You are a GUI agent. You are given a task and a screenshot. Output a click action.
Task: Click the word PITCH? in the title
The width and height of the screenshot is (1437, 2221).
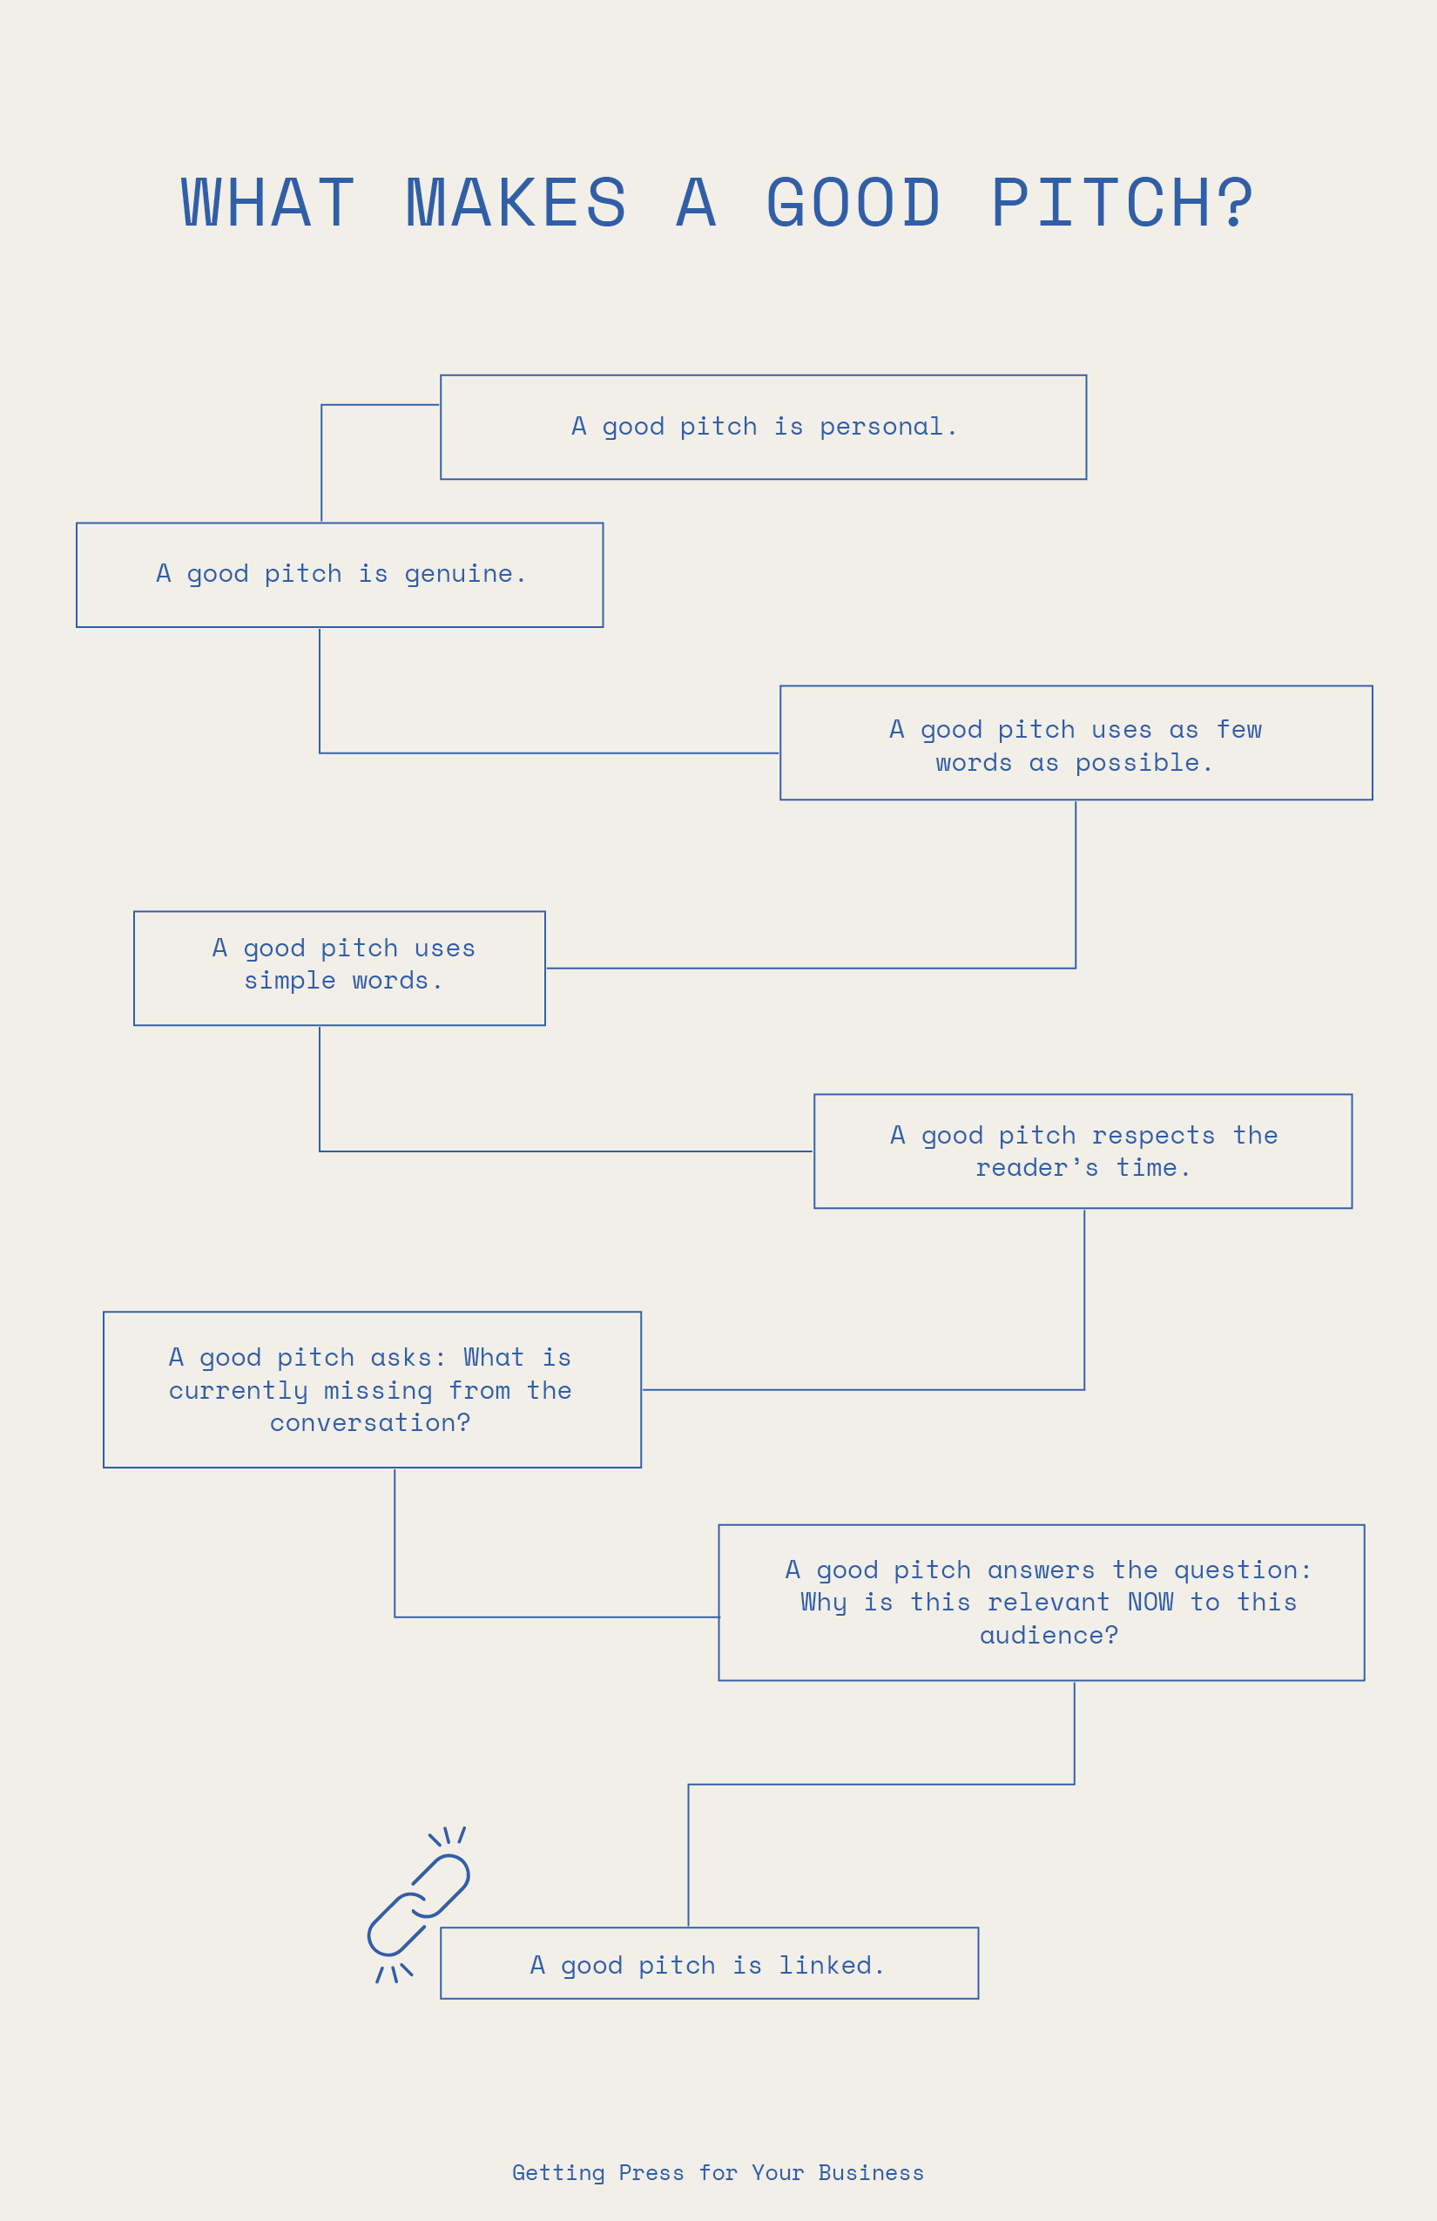coord(1122,204)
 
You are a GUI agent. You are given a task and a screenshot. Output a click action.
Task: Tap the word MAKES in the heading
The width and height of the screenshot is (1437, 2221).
coord(516,204)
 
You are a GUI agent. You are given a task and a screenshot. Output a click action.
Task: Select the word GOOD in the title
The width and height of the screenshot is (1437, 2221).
coord(853,204)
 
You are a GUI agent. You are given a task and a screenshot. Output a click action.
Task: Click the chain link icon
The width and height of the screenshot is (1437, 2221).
coord(418,1904)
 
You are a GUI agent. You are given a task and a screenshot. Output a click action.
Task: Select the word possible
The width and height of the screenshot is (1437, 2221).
coord(1143,763)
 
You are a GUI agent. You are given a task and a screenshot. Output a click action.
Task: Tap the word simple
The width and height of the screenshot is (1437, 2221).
coord(289,981)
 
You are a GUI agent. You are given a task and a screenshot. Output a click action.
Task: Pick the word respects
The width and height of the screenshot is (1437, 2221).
coord(1153,1136)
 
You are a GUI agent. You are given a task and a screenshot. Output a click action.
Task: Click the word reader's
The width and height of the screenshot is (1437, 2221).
coord(1036,1168)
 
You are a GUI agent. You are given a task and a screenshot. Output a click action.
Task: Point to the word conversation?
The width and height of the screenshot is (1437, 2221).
coord(370,1423)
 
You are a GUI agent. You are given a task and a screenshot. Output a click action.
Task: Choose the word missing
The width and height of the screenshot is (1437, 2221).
coord(378,1390)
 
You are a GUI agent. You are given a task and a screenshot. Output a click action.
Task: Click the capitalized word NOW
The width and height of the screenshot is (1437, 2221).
coord(1150,1603)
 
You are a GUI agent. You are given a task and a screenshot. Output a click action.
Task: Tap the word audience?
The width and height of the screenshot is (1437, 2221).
coord(1049,1635)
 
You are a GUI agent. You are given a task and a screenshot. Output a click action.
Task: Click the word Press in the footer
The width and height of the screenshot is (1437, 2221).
coord(651,2172)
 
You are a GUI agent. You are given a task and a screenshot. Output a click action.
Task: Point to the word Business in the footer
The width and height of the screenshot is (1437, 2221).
coord(871,2172)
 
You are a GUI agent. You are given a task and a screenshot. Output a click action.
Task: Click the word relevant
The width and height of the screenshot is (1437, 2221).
coord(1049,1603)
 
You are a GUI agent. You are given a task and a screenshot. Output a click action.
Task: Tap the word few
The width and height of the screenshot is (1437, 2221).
coord(1239,730)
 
